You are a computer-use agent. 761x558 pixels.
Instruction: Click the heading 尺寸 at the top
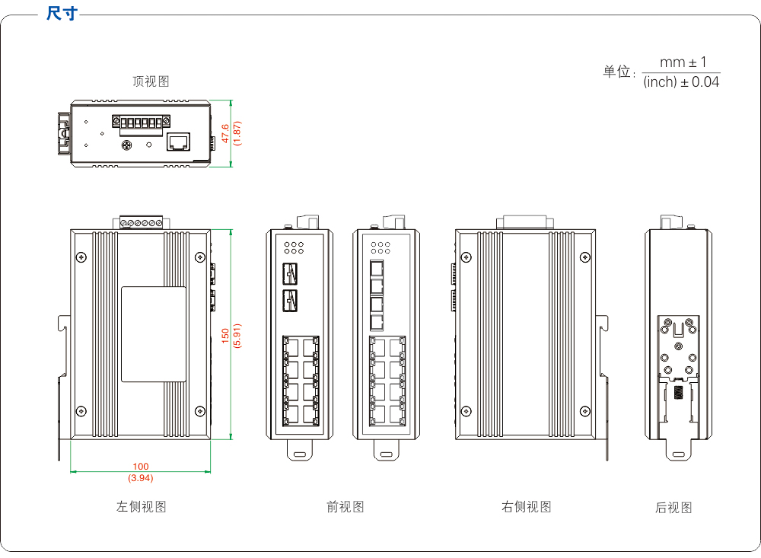[x=62, y=14]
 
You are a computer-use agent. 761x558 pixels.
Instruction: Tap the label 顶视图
[x=151, y=81]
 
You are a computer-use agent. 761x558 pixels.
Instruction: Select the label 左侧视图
[x=142, y=506]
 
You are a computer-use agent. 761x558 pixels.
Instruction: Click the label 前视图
[x=345, y=506]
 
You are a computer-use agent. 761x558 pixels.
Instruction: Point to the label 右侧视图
[x=527, y=506]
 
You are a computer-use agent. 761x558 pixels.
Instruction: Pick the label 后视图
[x=673, y=507]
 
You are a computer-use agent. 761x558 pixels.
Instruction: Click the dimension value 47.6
[x=225, y=133]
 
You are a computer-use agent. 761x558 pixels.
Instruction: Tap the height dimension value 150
[x=225, y=335]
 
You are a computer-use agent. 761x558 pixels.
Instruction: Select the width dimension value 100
[x=141, y=467]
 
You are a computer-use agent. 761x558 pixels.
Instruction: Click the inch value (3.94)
[x=141, y=478]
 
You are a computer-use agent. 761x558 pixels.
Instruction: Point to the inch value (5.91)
[x=237, y=335]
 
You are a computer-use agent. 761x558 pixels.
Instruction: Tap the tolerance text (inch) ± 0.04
[x=681, y=82]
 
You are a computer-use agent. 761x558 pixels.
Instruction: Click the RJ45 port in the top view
[x=179, y=142]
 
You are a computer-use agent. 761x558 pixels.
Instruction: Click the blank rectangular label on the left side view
[x=154, y=334]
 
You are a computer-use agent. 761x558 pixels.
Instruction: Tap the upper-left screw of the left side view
[x=81, y=256]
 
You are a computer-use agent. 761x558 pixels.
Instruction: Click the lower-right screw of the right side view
[x=584, y=410]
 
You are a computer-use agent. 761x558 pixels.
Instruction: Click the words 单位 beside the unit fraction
[x=618, y=72]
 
